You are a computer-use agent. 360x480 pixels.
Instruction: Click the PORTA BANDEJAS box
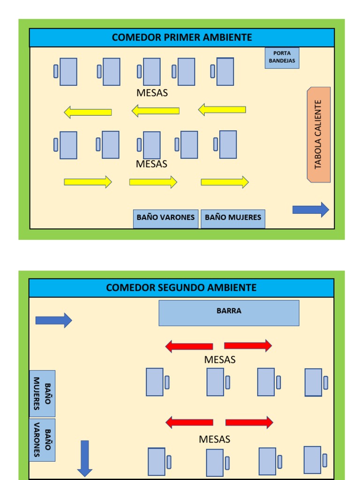point(282,58)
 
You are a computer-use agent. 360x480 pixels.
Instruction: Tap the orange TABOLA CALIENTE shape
point(319,135)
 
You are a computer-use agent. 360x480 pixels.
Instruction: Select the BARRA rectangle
point(229,313)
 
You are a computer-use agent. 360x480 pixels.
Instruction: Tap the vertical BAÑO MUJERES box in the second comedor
point(42,393)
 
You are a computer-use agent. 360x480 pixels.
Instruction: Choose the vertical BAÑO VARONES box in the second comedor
point(42,440)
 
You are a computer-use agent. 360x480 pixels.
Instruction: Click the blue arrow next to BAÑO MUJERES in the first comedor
point(311,210)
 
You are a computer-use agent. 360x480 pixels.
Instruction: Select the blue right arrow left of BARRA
point(53,320)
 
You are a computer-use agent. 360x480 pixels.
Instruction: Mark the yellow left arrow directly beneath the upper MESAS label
point(155,111)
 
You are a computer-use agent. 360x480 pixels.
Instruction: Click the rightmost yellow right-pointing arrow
point(225,182)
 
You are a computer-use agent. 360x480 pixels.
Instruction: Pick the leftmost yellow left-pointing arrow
point(88,112)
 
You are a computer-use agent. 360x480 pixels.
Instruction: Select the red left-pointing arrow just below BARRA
point(189,346)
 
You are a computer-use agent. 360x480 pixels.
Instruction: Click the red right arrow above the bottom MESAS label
point(249,422)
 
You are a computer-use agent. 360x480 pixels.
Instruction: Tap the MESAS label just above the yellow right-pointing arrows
point(151,164)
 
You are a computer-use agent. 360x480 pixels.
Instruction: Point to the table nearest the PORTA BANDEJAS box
point(225,72)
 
